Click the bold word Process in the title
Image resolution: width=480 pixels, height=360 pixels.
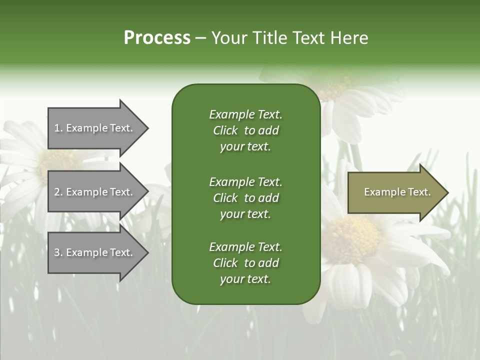(x=157, y=38)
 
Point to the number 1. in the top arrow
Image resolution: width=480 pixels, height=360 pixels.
(x=58, y=128)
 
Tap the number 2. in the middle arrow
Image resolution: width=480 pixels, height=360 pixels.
(x=58, y=192)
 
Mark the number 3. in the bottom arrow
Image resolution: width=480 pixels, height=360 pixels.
(x=58, y=252)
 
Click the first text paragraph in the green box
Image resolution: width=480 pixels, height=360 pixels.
(x=245, y=130)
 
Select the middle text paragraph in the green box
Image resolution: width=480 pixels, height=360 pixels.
(x=245, y=198)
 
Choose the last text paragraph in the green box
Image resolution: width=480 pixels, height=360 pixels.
(x=245, y=263)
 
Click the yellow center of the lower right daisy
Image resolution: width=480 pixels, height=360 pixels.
(x=352, y=238)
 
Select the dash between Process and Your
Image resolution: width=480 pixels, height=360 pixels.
(x=200, y=38)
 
